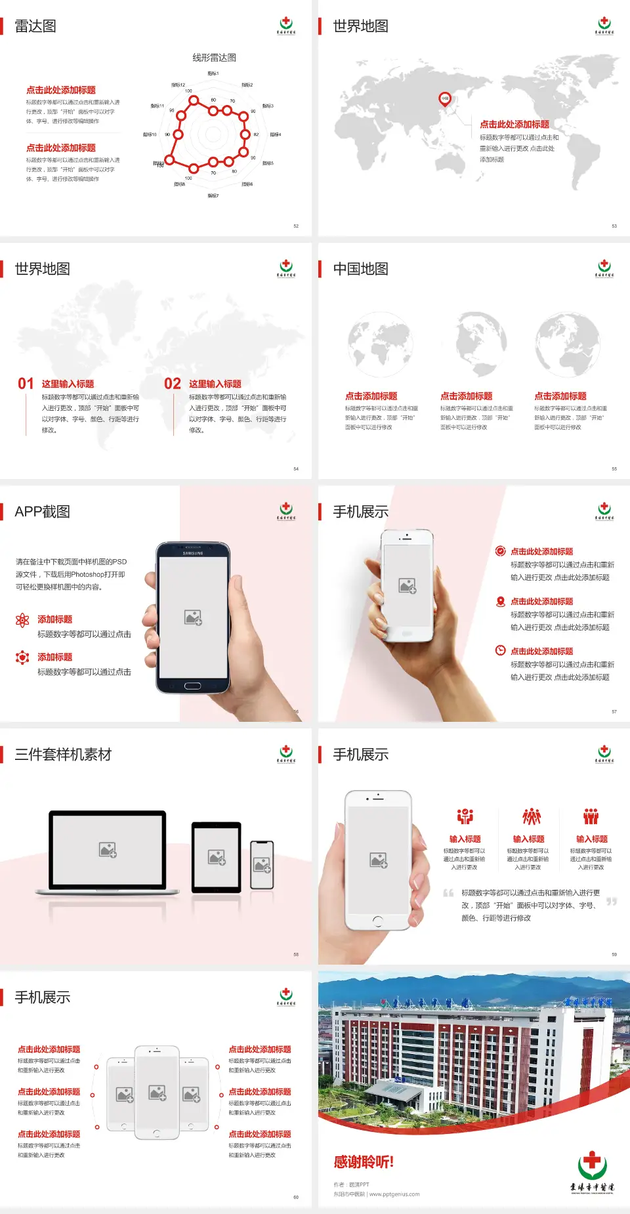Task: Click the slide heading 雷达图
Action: click(x=35, y=26)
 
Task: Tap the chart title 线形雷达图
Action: click(x=214, y=58)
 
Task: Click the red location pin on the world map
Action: click(x=444, y=99)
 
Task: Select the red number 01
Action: click(x=26, y=384)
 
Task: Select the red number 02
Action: click(x=173, y=384)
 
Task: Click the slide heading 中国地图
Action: click(x=360, y=269)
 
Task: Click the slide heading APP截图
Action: click(x=43, y=512)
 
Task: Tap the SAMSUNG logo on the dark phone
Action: click(x=193, y=553)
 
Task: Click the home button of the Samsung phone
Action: click(x=192, y=686)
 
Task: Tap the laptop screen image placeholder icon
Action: click(x=108, y=850)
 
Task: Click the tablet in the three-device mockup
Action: click(x=217, y=857)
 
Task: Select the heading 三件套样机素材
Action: click(x=63, y=755)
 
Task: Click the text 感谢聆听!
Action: click(x=364, y=1162)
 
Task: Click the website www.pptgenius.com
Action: click(x=394, y=1194)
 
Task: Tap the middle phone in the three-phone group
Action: click(x=157, y=1093)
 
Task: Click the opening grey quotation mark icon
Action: click(x=448, y=892)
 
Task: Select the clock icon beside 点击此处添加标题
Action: click(x=500, y=650)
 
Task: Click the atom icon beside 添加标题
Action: click(x=22, y=620)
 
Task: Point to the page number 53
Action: click(x=614, y=226)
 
